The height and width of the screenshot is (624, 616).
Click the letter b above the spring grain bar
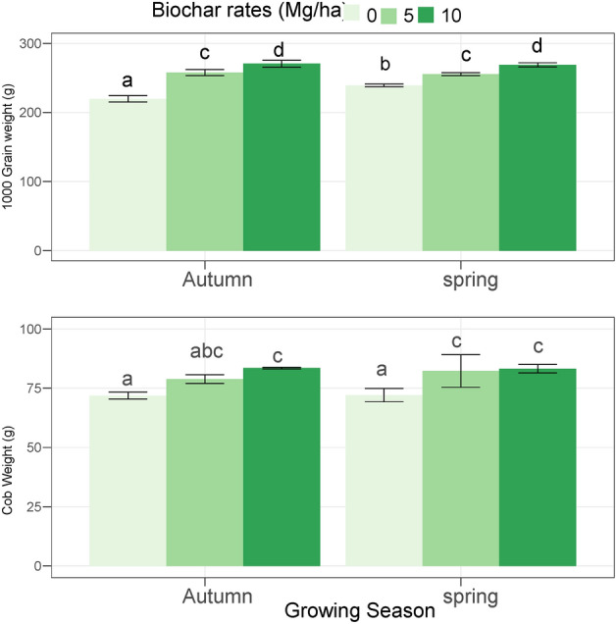click(x=385, y=65)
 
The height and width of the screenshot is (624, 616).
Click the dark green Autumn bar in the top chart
click(x=282, y=157)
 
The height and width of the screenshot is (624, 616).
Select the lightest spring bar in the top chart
click(x=385, y=167)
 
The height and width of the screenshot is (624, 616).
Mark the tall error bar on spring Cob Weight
click(x=461, y=371)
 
